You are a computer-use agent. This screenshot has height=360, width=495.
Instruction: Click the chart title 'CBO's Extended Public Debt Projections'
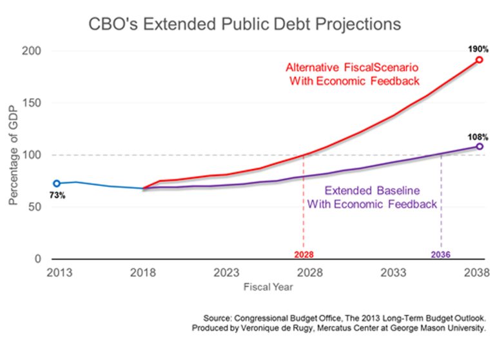coord(245,24)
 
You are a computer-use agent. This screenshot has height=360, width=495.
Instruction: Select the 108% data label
coord(478,137)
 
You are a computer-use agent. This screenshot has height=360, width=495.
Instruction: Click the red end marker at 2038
coord(479,59)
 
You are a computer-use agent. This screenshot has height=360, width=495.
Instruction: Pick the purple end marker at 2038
coord(479,146)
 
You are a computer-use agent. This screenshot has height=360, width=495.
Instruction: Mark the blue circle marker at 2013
coord(57,183)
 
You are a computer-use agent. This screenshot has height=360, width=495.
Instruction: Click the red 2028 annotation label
coord(304,254)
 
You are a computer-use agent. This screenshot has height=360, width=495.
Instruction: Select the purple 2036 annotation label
coord(442,254)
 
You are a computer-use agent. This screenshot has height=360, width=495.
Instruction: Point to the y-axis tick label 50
coord(35,207)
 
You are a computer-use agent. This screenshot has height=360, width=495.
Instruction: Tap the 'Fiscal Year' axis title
coord(267,287)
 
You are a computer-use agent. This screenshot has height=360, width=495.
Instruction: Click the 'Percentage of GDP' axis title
coord(14,155)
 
